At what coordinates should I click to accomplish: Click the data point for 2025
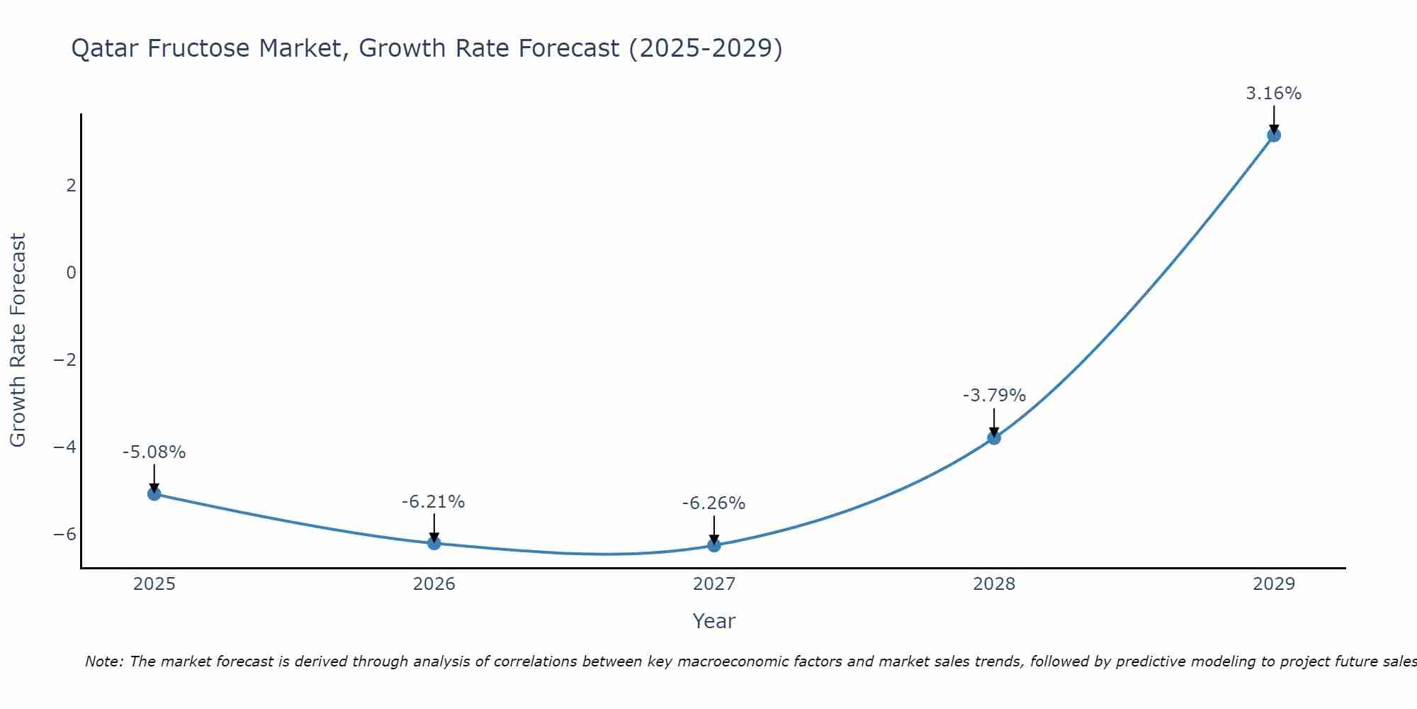(154, 493)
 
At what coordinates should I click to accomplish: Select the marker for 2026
(434, 543)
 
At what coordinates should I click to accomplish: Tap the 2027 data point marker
(714, 545)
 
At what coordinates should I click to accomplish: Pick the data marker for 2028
(994, 438)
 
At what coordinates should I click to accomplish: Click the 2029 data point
(1274, 135)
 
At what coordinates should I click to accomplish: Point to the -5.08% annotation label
(154, 452)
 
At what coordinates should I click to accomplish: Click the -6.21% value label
(433, 502)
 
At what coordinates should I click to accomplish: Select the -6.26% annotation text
(713, 503)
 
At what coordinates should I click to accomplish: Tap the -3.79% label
(994, 396)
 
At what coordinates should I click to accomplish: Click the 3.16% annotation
(1273, 94)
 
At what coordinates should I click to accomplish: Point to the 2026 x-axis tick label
(434, 584)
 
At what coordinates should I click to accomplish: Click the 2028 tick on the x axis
(994, 584)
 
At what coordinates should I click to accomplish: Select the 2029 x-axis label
(1274, 584)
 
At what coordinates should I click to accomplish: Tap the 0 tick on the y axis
(71, 273)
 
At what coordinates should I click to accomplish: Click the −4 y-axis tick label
(65, 447)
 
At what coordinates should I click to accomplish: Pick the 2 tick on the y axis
(71, 186)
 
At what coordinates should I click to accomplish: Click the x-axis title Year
(713, 621)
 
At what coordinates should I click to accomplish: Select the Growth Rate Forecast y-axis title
(18, 340)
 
